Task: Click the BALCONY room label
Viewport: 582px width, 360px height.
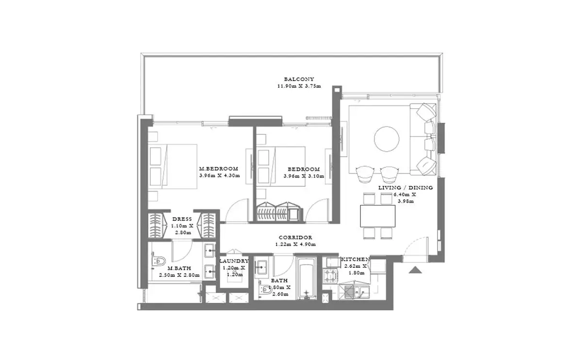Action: point(299,79)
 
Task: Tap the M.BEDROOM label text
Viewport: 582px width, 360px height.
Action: point(219,169)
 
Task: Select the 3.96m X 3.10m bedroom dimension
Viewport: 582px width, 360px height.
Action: point(304,176)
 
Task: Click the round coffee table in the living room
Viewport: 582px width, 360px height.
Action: point(387,139)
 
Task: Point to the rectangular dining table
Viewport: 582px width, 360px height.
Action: point(378,216)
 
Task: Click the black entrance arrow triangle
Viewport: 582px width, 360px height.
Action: point(415,270)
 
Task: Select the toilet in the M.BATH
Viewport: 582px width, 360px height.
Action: point(159,260)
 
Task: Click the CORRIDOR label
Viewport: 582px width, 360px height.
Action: point(295,237)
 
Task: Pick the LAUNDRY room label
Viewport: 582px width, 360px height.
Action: point(234,261)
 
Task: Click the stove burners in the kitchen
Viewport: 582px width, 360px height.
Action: point(330,276)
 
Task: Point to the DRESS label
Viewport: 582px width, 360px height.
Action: point(182,219)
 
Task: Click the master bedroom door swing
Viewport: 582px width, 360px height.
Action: point(236,210)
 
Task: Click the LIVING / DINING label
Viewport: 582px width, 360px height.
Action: point(405,187)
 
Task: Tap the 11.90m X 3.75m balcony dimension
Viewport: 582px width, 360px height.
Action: point(299,86)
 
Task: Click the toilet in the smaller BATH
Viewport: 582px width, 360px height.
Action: point(266,289)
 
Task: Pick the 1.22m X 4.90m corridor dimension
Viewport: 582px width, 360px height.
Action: point(295,245)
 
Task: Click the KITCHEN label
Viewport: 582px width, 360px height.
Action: point(355,259)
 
